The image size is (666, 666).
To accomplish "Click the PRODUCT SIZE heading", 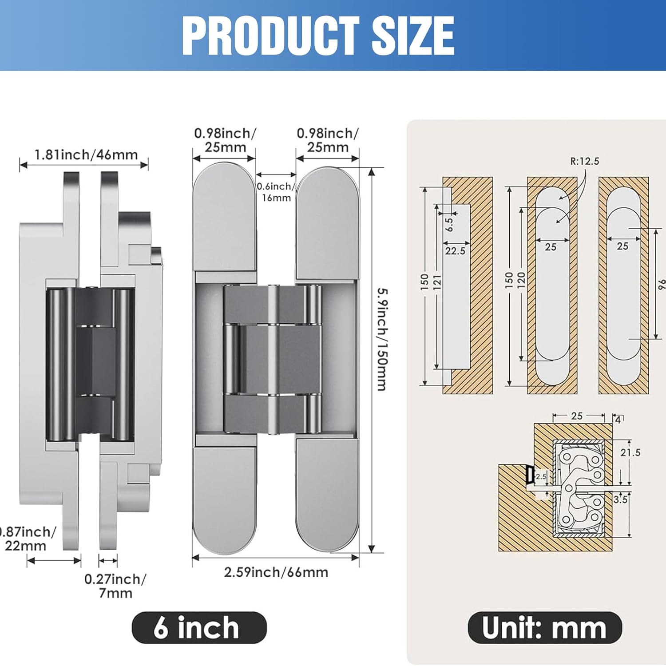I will (x=318, y=36).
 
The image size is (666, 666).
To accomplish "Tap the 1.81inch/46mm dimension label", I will (x=86, y=155).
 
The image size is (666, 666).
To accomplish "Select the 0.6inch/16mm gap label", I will (x=276, y=192).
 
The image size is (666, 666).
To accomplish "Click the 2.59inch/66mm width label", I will (x=276, y=572).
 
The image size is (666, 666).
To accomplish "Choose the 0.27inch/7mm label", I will (x=115, y=586).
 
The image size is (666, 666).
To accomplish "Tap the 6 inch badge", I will (x=199, y=627).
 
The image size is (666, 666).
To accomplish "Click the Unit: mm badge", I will (x=544, y=627).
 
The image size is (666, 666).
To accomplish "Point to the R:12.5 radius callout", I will (x=584, y=161).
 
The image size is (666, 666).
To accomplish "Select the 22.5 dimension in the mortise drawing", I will (x=455, y=251).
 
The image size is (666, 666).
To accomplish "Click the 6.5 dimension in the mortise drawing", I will (x=449, y=224).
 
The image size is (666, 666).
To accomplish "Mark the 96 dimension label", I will (x=661, y=284).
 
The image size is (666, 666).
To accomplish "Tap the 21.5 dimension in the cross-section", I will (x=630, y=452).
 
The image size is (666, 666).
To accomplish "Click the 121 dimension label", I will (x=437, y=282).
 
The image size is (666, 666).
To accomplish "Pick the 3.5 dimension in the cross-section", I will (x=620, y=499).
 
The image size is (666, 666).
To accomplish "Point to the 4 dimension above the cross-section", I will (x=618, y=419).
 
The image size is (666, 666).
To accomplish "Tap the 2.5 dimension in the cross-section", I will (x=541, y=476).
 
